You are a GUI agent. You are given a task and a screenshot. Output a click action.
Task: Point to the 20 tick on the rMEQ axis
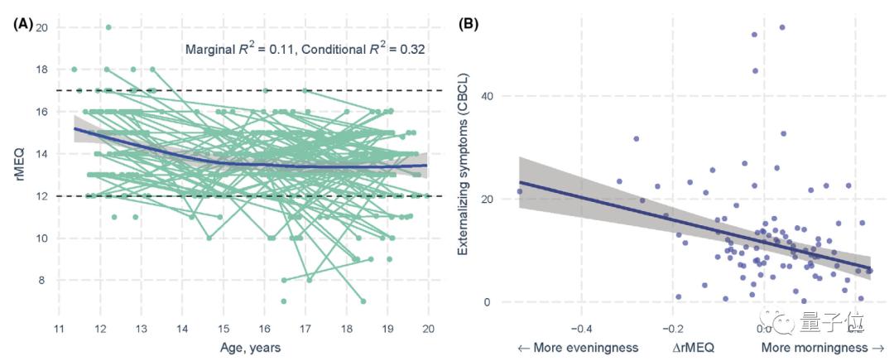(41, 27)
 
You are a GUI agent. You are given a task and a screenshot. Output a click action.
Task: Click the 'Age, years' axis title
(244, 348)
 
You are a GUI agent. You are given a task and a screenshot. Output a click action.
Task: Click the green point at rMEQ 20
(108, 27)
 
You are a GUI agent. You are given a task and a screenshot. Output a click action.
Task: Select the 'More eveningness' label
(577, 348)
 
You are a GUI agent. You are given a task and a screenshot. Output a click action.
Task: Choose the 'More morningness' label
(824, 348)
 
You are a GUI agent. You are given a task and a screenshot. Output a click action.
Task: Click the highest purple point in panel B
(782, 27)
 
